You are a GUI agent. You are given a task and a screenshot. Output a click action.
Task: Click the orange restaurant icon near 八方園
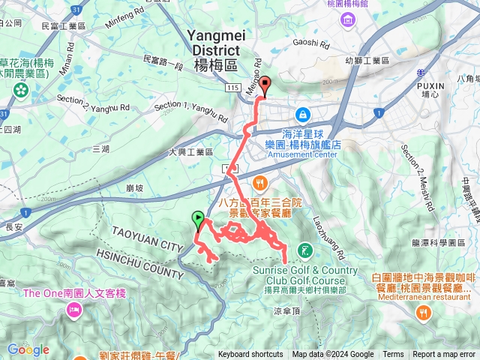[x=259, y=182]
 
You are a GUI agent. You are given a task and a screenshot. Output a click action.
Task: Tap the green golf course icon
[x=304, y=250]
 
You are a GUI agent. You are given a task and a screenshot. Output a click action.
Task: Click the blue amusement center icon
[x=303, y=115]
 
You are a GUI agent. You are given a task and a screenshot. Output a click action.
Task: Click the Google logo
[x=28, y=349]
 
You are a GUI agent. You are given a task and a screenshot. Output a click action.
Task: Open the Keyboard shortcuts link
[x=250, y=355]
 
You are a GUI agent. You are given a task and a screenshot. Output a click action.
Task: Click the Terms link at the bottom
[x=393, y=355]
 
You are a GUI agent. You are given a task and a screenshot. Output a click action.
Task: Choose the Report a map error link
[x=444, y=355]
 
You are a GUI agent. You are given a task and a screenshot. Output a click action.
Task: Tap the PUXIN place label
[x=434, y=85]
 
